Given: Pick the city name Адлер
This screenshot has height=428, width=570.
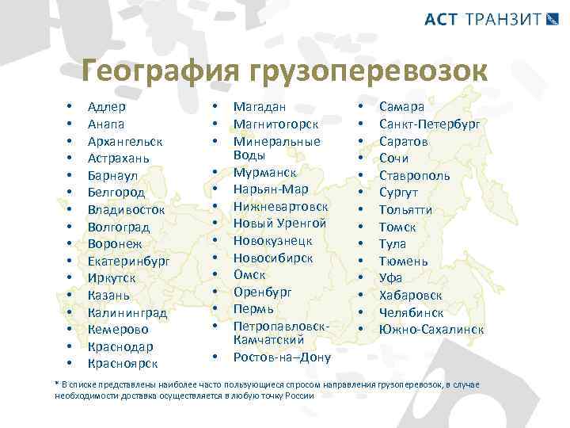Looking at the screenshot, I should (x=106, y=106).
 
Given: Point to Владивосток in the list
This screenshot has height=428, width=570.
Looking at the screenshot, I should (x=127, y=209).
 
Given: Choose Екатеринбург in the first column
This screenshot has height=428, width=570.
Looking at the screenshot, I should (x=129, y=261).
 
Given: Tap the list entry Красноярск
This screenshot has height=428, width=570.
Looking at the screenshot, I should (x=123, y=364).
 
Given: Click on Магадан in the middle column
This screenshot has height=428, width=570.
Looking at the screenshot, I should (x=259, y=106).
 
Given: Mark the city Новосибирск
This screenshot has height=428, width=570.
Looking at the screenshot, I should (x=272, y=258).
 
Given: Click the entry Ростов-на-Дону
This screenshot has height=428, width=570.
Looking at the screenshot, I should (x=282, y=357).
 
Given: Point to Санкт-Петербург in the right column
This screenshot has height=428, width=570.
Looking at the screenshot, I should (x=429, y=124).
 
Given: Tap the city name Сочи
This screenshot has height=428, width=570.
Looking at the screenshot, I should (x=393, y=158).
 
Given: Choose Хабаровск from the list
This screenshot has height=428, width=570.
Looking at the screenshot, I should (x=411, y=295).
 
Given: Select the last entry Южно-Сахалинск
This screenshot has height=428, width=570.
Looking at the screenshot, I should (x=431, y=329).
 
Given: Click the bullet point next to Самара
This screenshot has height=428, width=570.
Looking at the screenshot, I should (x=360, y=106).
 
